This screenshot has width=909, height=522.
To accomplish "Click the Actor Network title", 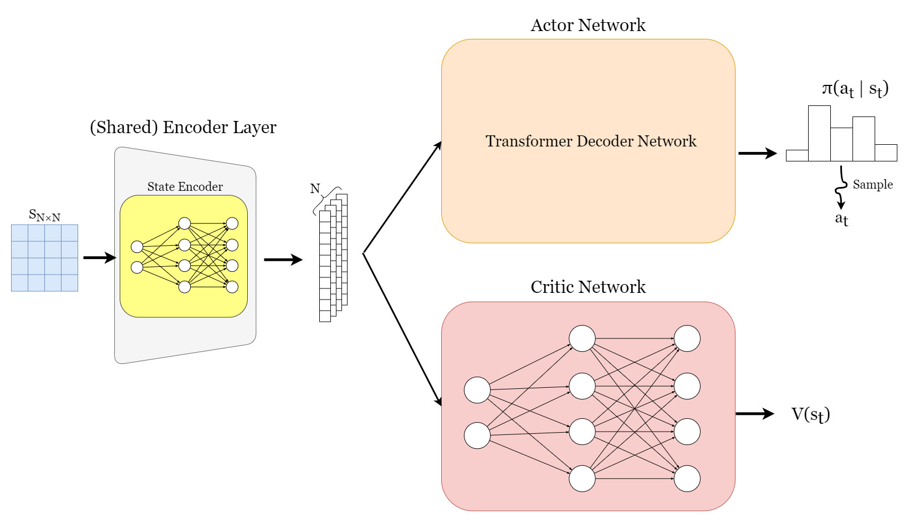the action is [x=588, y=25].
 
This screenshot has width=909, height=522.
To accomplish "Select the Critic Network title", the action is [x=588, y=287].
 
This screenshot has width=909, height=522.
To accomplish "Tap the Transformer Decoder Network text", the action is [x=591, y=141].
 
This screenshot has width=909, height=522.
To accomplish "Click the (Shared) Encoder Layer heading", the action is [x=183, y=128].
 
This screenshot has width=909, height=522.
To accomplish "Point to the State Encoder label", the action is [x=185, y=186].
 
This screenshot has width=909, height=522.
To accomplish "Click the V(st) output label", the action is [x=811, y=415].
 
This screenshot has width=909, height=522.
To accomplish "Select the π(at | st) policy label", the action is [x=855, y=89].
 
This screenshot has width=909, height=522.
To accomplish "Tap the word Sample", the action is [x=873, y=184].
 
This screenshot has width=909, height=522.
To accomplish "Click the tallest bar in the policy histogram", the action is [x=819, y=133].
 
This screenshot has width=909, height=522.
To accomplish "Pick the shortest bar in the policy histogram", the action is [x=798, y=155].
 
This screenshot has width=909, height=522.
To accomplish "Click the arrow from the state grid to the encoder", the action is [x=100, y=257].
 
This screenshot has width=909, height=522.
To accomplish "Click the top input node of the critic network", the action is [x=477, y=390].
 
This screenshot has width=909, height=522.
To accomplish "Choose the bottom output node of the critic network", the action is [x=687, y=479].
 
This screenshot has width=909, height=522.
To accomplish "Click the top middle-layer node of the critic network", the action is [x=583, y=338].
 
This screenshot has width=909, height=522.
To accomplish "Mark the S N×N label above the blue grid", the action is [x=45, y=215].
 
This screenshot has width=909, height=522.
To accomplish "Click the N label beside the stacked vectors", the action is [x=315, y=189].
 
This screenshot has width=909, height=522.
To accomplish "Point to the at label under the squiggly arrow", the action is [x=841, y=219].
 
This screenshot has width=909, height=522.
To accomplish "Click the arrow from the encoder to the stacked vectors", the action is [x=283, y=260].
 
